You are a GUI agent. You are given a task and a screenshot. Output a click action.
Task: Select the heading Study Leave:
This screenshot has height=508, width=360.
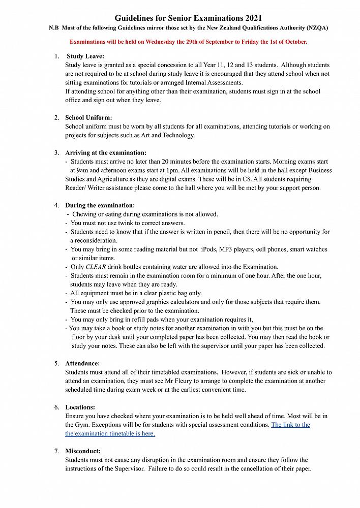pyautogui.click(x=85, y=56)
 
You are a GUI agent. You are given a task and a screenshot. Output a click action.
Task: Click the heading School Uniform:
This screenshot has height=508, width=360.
pyautogui.click(x=88, y=118)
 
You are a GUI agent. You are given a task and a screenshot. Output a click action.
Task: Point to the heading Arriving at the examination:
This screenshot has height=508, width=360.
pyautogui.click(x=106, y=152)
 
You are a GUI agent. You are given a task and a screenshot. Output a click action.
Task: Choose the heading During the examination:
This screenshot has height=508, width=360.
pyautogui.click(x=100, y=205)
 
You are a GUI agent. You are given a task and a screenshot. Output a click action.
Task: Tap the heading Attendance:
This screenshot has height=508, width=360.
pyautogui.click(x=82, y=363)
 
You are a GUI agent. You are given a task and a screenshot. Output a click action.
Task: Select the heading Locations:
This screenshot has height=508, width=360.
pyautogui.click(x=80, y=407)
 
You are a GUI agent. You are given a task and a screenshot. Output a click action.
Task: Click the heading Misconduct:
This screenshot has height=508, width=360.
pyautogui.click(x=83, y=451)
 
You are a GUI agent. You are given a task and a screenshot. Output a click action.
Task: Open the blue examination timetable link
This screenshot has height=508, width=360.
pyautogui.click(x=290, y=425)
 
